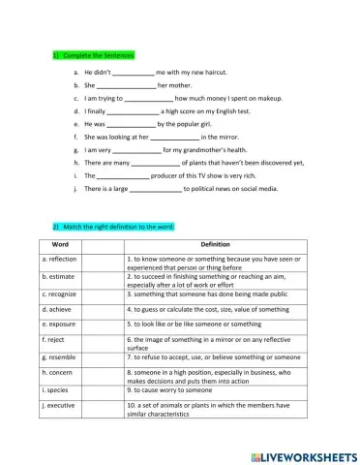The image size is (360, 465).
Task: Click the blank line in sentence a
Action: pos(135,74)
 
